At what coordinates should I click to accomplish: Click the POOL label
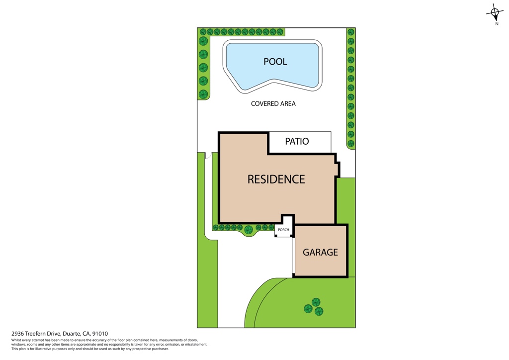275,62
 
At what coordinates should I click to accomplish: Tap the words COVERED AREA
273,104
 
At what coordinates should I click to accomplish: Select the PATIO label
297,141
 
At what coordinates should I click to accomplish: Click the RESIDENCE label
276,179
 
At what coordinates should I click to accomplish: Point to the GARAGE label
321,252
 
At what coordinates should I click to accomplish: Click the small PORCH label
283,230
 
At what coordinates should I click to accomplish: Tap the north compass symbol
495,12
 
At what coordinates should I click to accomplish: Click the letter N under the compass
497,24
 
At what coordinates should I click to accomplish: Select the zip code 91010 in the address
100,333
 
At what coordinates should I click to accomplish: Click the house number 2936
17,333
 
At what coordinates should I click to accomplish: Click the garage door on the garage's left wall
293,256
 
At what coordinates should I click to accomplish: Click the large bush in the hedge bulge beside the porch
249,230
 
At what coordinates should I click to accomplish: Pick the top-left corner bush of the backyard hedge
203,32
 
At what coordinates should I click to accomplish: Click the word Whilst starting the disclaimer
16,340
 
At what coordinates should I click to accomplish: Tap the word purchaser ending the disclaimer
160,349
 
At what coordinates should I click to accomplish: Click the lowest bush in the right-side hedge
351,144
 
